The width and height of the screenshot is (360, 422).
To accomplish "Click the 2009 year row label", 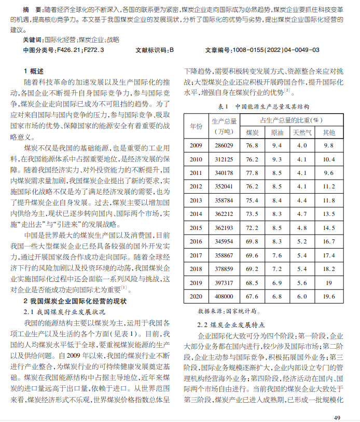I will [x=196, y=146].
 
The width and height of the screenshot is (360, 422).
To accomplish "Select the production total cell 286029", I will [x=224, y=146].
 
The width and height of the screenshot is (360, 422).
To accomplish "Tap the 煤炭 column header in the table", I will [x=252, y=132].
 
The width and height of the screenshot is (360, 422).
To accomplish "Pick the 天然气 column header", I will [x=302, y=132].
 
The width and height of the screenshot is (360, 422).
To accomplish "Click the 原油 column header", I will [x=277, y=132].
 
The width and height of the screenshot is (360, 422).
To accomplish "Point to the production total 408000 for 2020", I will [x=224, y=296].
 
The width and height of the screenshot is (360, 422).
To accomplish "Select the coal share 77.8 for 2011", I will [x=252, y=173].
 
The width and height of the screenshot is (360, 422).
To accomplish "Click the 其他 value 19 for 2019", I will [x=329, y=283].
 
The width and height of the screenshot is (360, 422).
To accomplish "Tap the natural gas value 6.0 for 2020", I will [x=302, y=296].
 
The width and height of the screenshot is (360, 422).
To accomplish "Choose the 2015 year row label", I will [x=196, y=228].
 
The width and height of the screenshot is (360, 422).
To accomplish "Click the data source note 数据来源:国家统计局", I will [x=227, y=311].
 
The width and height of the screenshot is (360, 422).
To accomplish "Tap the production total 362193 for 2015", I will [x=224, y=228].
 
